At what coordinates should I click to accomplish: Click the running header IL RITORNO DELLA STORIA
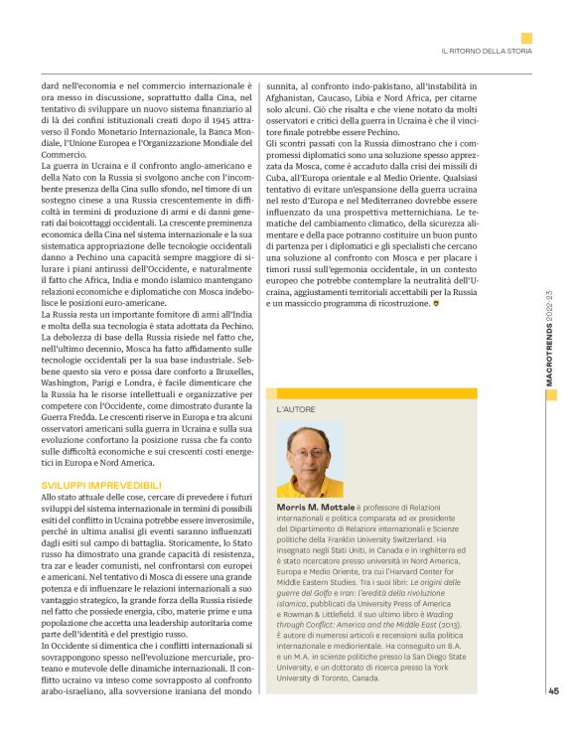coord(487,51)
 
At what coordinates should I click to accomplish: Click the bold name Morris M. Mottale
coord(311,507)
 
